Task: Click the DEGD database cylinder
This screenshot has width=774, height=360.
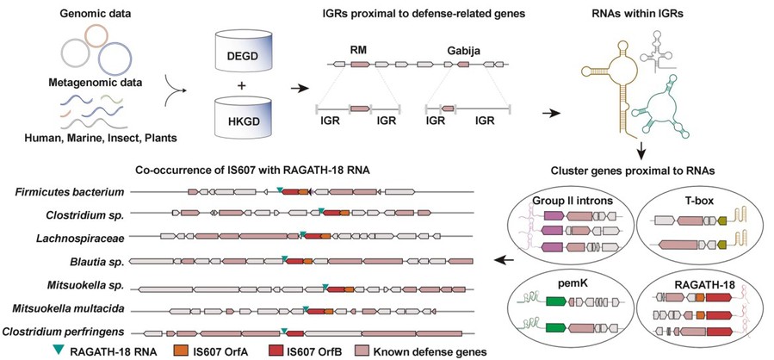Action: point(244,49)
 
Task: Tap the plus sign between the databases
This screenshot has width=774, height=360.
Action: point(242,85)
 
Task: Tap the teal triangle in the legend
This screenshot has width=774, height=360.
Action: point(59,351)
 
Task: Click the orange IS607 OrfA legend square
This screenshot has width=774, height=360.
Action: point(178,351)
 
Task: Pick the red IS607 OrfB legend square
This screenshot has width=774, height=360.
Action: point(273,351)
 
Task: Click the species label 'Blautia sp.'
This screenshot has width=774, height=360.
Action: point(100,261)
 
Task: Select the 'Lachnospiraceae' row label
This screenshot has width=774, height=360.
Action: point(80,238)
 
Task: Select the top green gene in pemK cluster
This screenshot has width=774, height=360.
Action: point(556,301)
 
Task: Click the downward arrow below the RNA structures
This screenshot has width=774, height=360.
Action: point(640,150)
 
